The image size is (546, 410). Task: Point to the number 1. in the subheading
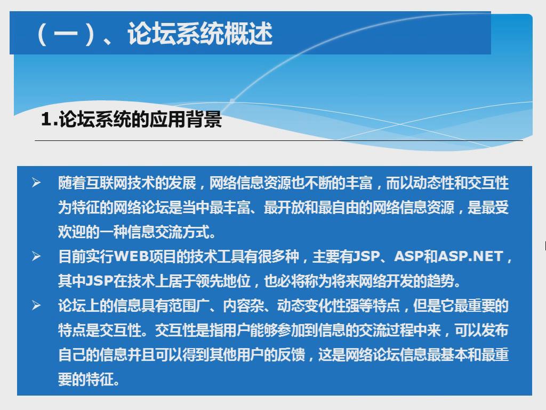click(49, 119)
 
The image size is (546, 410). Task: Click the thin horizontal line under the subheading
click(278, 141)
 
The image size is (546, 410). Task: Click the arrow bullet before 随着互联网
click(36, 183)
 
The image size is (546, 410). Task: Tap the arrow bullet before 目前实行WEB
click(36, 256)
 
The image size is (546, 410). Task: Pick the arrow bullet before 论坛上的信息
click(36, 305)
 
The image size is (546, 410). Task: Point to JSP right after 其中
click(99, 281)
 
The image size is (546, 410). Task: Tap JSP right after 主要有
click(367, 256)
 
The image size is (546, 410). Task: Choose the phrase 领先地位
click(223, 281)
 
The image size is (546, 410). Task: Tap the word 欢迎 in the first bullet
click(72, 232)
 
